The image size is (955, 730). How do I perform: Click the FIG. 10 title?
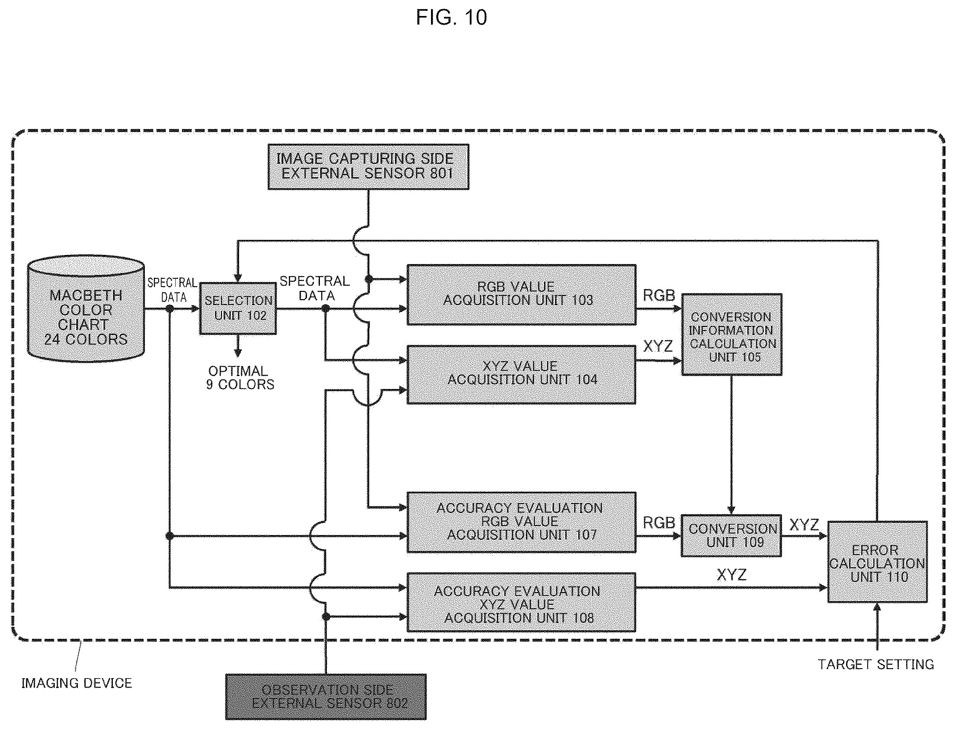[451, 17]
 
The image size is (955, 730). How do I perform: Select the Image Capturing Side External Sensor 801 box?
[368, 167]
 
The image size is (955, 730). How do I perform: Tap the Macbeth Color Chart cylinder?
[86, 309]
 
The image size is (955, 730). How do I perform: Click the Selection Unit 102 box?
[238, 309]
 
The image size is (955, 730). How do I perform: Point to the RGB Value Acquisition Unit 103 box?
[521, 295]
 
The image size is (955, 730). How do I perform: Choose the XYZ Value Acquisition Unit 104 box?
[521, 375]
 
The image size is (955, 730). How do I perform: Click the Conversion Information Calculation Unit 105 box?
[731, 334]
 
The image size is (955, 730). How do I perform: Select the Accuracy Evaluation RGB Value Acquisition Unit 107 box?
[521, 522]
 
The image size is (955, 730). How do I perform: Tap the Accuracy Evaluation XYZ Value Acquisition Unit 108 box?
[521, 602]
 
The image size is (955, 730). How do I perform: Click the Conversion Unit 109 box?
[731, 536]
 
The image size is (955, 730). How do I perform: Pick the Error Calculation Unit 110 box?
[877, 562]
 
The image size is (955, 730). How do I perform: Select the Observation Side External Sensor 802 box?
[326, 697]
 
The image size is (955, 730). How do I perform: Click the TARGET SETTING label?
[875, 664]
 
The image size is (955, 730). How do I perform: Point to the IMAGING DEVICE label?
[77, 683]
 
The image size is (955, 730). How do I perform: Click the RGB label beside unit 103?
[658, 296]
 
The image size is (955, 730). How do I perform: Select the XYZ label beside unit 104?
[658, 346]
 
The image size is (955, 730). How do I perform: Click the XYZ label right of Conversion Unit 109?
[804, 525]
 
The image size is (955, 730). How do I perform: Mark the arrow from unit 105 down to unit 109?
[731, 445]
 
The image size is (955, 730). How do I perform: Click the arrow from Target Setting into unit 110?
[877, 626]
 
